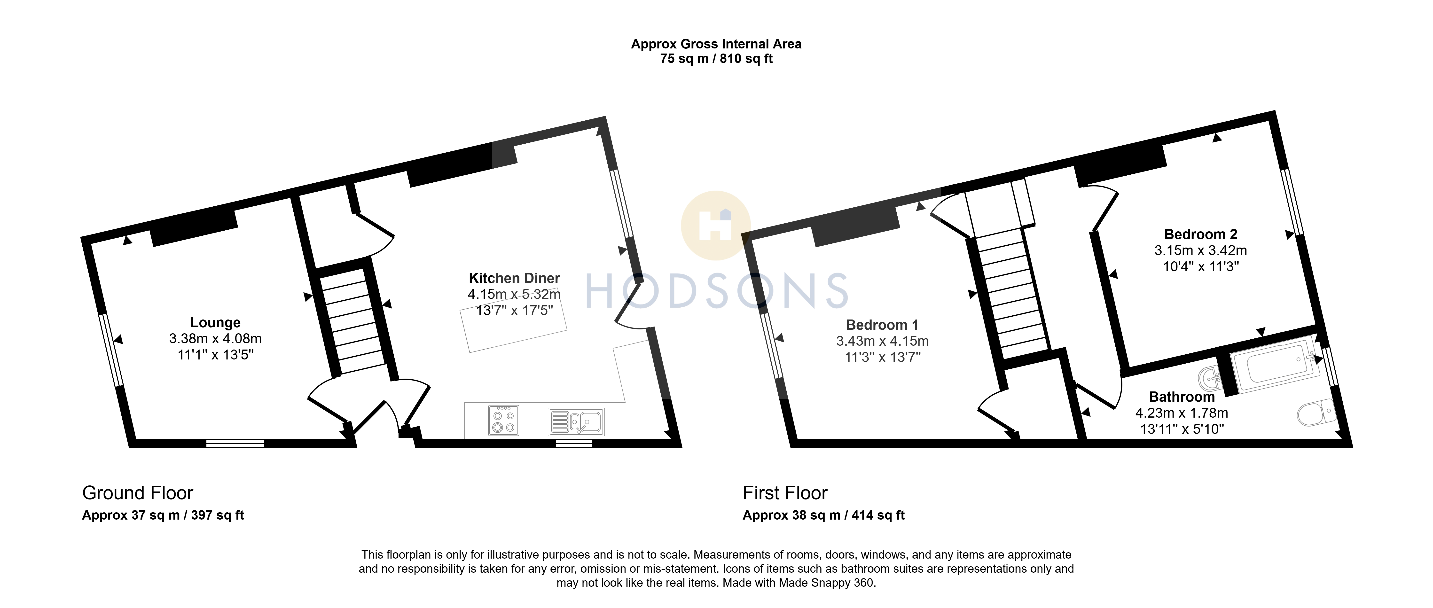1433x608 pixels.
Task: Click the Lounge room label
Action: tap(215, 323)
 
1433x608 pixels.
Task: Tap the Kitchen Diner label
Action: tap(514, 278)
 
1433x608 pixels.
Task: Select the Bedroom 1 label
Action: tap(882, 325)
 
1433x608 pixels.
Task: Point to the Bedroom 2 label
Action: tap(1200, 234)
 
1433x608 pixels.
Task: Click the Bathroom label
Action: tap(1182, 397)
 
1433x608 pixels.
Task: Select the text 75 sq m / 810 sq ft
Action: tap(716, 58)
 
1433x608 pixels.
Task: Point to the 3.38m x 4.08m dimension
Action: tap(215, 338)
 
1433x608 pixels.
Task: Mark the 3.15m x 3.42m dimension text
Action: tap(1200, 250)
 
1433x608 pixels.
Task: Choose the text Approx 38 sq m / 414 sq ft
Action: tap(823, 515)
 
